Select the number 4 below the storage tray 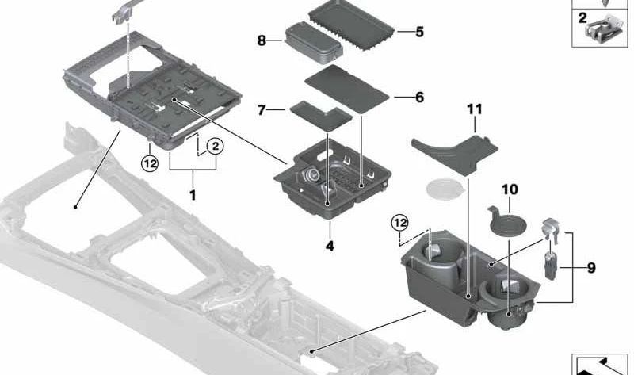click(x=330, y=246)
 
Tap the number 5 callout click(x=419, y=33)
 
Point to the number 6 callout click(x=419, y=97)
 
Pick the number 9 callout click(x=590, y=269)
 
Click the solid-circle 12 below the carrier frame click(x=151, y=164)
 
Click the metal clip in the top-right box click(x=602, y=29)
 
